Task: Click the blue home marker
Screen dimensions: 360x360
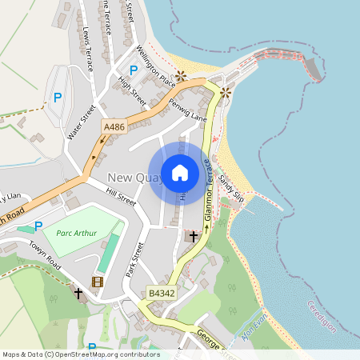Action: (180, 172)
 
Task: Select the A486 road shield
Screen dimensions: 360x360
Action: (113, 126)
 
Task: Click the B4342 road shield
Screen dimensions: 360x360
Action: (160, 294)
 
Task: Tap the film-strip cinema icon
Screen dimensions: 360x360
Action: (98, 282)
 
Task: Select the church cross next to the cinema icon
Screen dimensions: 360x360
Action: (78, 294)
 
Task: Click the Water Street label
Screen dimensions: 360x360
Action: (82, 122)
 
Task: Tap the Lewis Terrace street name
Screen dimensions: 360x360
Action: (88, 49)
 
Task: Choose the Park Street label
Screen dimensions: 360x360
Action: (134, 261)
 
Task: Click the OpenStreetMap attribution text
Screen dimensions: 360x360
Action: (80, 354)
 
